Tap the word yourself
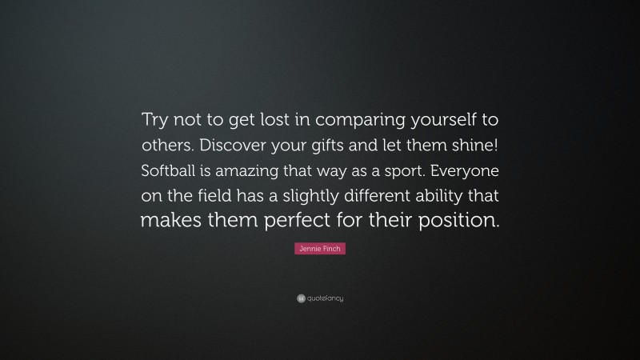[x=433, y=119]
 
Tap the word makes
[x=170, y=220]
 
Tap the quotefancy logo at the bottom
[x=320, y=298]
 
